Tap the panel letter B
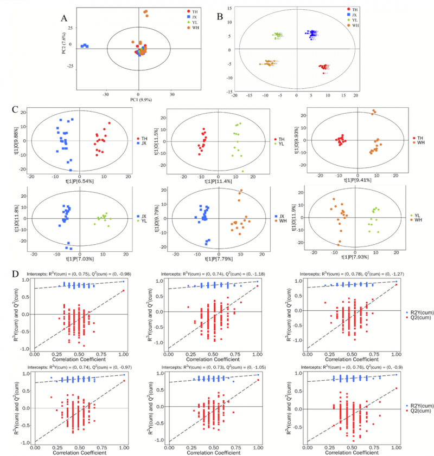[220, 16]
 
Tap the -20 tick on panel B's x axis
[235, 95]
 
